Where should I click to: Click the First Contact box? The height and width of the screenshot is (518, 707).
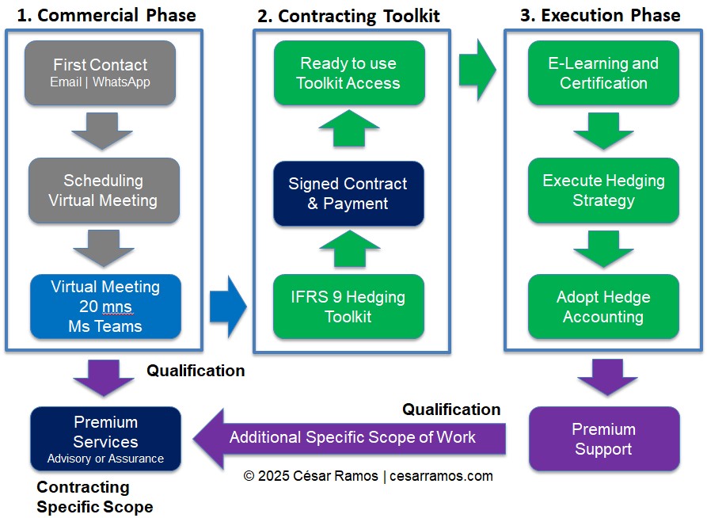(x=101, y=72)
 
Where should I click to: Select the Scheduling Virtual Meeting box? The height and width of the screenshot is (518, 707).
(x=104, y=190)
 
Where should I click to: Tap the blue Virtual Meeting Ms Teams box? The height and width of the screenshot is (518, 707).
(x=105, y=307)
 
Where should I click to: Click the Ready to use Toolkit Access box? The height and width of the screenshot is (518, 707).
(x=349, y=73)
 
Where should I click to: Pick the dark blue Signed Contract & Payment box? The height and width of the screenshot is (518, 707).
(x=348, y=194)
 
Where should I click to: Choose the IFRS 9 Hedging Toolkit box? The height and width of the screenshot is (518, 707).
(x=349, y=307)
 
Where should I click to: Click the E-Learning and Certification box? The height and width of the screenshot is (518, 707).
(x=603, y=73)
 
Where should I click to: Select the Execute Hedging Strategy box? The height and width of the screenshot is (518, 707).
(x=603, y=190)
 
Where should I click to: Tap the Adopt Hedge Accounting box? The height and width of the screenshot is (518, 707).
(x=603, y=307)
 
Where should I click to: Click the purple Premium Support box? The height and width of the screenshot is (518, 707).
(x=603, y=439)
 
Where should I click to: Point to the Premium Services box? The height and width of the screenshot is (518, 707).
(x=105, y=439)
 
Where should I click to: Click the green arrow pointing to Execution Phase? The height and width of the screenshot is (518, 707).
(x=477, y=72)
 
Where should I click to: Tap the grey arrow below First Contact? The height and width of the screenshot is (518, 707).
(x=103, y=131)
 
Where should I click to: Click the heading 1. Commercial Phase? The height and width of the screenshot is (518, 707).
(x=106, y=15)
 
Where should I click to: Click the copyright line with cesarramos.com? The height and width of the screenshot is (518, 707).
(x=368, y=476)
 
